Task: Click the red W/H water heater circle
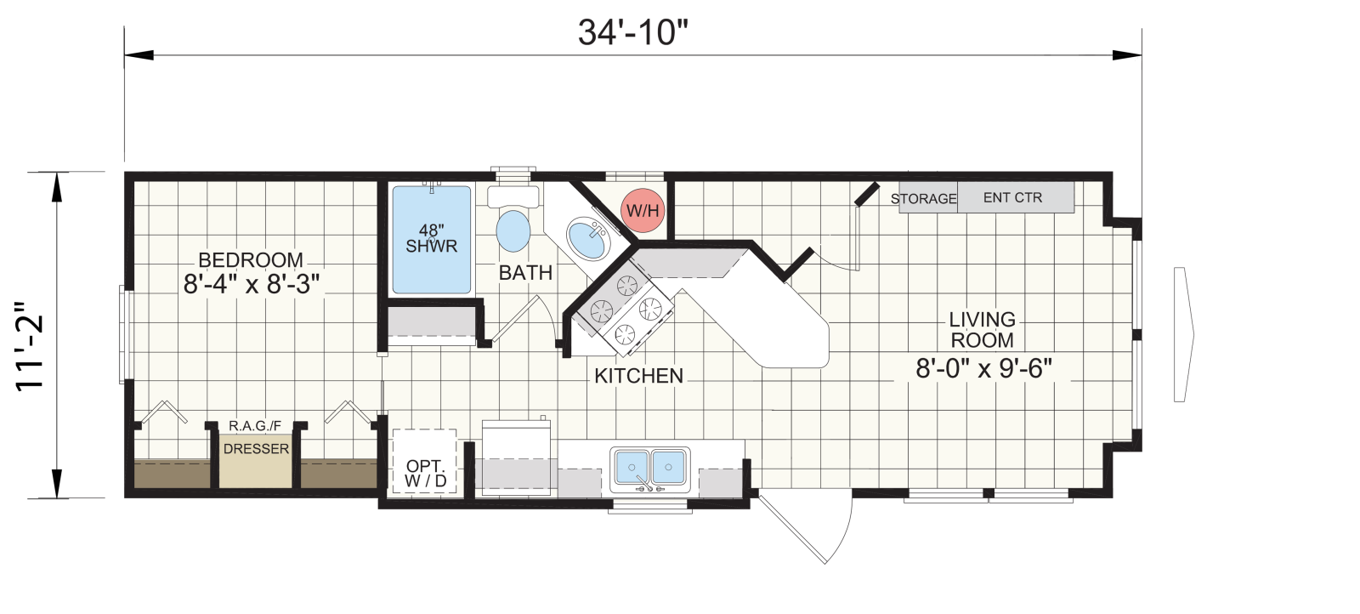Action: tap(643, 210)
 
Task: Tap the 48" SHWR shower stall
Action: tap(431, 240)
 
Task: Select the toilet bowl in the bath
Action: tap(513, 230)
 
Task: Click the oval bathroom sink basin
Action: tap(587, 239)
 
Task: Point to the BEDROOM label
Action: tap(251, 260)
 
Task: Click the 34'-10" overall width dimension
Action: tap(633, 32)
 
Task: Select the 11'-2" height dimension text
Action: tap(31, 345)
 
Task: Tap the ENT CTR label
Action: tap(1012, 197)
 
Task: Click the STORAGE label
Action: tap(923, 199)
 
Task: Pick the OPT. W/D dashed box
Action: tap(425, 461)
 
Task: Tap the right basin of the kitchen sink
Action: tap(668, 467)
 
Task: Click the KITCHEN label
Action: tap(638, 376)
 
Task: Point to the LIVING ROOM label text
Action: tap(983, 330)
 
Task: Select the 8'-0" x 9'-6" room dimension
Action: tap(983, 368)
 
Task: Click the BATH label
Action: tap(526, 273)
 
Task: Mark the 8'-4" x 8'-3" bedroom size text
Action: tap(252, 284)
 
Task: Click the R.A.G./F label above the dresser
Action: tap(255, 426)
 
